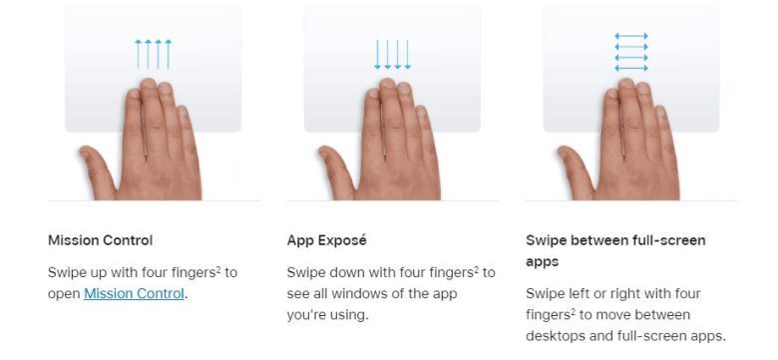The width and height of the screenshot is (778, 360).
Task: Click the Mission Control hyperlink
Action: [x=134, y=293]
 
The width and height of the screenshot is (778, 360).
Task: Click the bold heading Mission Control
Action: [x=100, y=240]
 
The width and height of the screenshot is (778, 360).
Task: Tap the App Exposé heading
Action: [x=326, y=240]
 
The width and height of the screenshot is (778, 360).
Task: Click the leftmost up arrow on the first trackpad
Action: [x=138, y=54]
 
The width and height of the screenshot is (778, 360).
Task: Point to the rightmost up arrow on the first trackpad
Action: [x=169, y=54]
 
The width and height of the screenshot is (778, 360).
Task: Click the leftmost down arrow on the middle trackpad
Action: [x=378, y=55]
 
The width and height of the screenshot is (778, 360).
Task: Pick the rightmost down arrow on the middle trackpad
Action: [x=407, y=55]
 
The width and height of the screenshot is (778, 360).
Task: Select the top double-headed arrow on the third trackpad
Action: [x=631, y=36]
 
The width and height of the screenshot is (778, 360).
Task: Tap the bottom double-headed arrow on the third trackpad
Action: [x=631, y=68]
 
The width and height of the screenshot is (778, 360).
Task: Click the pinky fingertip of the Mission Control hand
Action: [x=183, y=112]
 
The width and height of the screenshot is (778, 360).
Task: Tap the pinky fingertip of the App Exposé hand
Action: [x=422, y=112]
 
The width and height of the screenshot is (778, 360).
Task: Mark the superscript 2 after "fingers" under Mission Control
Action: [x=218, y=269]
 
